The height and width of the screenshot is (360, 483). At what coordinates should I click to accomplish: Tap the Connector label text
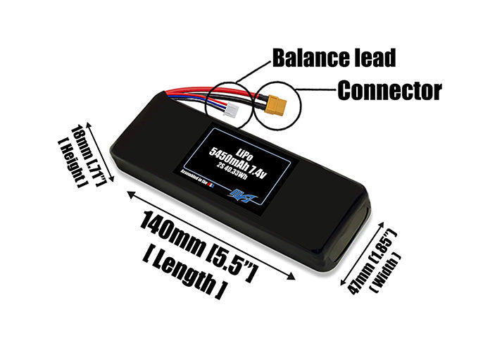[389, 91]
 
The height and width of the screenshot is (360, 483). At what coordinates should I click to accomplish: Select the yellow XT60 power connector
[278, 107]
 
